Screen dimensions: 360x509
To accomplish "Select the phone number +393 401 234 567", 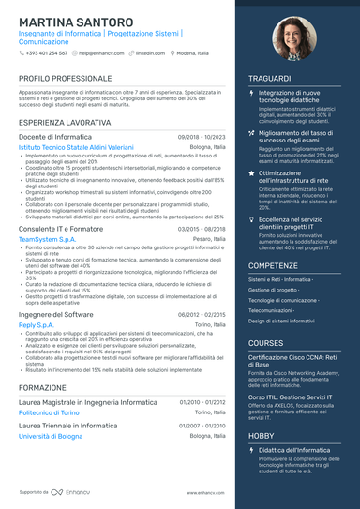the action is [x=46, y=53].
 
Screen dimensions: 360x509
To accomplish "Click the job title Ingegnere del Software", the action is [x=56, y=314].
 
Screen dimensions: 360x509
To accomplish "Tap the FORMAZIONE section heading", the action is [x=42, y=386].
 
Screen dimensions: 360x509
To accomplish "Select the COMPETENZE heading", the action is [x=274, y=265].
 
